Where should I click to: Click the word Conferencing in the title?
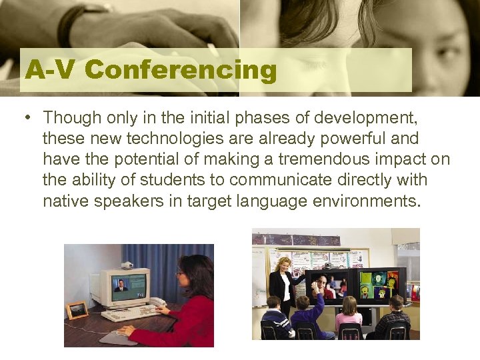click(x=181, y=70)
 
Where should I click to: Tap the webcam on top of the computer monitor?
click(x=127, y=265)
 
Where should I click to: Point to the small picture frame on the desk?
click(x=77, y=309)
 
